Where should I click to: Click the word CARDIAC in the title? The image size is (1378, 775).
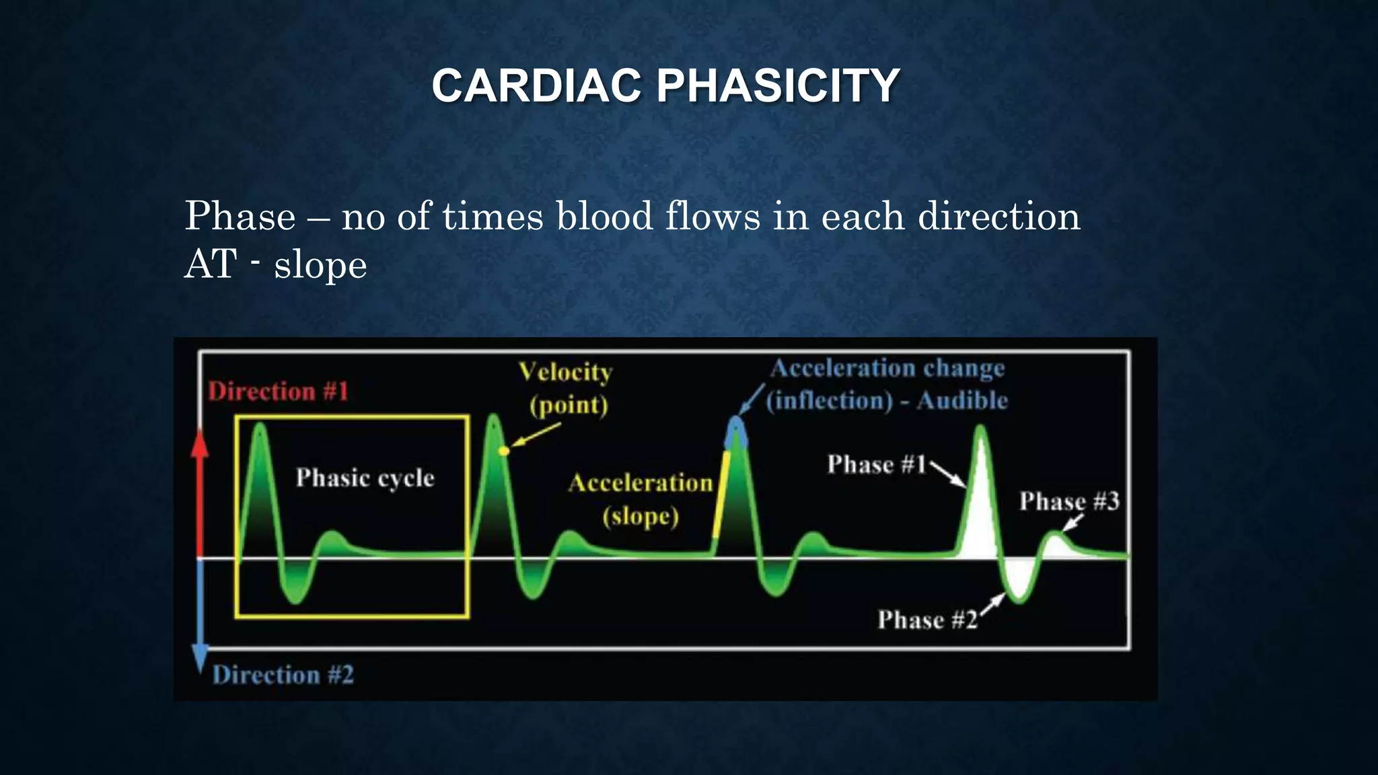(x=536, y=86)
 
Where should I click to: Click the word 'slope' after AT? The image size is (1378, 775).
(x=320, y=265)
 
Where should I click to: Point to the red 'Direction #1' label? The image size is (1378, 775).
(x=278, y=392)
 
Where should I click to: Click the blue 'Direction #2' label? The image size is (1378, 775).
(x=283, y=675)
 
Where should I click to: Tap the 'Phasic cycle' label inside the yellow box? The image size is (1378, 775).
(x=365, y=478)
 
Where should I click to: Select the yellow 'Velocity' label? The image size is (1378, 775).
(x=565, y=372)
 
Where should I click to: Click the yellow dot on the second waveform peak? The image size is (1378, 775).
(x=504, y=450)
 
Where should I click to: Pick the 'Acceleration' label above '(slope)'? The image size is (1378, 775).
(x=640, y=483)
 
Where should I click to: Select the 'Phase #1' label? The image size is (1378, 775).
(x=876, y=464)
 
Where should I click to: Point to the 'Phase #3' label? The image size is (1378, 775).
(x=1068, y=501)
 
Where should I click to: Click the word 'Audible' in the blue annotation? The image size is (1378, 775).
(x=962, y=401)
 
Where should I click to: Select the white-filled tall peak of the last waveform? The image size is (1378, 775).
(x=980, y=505)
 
